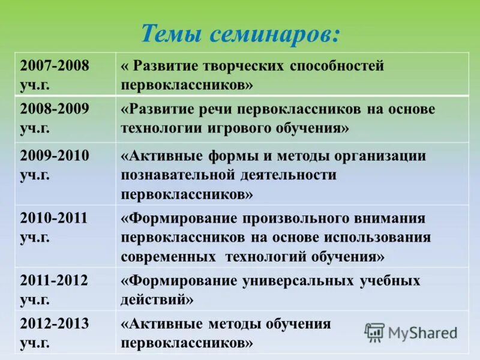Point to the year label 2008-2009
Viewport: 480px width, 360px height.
click(54, 109)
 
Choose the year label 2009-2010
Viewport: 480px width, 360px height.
click(54, 156)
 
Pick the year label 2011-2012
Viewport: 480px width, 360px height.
click(54, 280)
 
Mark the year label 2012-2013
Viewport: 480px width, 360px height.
click(54, 324)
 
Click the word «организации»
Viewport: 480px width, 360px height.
click(377, 156)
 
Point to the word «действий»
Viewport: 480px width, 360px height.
click(157, 299)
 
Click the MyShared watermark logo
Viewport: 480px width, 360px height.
click(411, 332)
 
